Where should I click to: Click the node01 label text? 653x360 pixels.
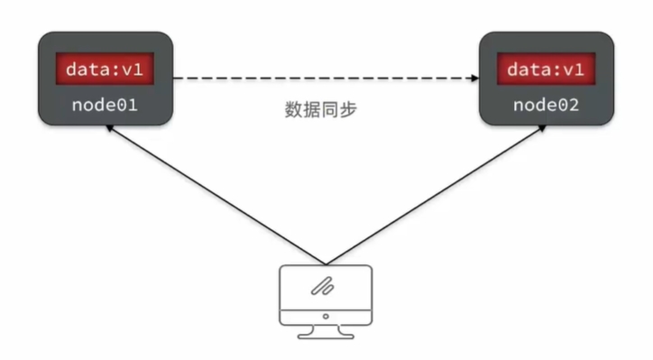tap(105, 105)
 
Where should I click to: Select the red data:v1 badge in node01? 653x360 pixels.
tap(106, 69)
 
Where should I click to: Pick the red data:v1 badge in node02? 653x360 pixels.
tap(546, 69)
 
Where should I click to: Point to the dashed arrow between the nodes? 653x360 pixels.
tap(325, 79)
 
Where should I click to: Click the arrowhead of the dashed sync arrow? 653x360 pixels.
tap(472, 79)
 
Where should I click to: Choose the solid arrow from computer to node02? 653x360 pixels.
tap(433, 194)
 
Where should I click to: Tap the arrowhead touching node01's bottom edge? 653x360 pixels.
tap(108, 129)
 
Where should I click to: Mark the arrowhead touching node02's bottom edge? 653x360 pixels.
tap(541, 129)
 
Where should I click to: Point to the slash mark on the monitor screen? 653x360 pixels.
tap(322, 287)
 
